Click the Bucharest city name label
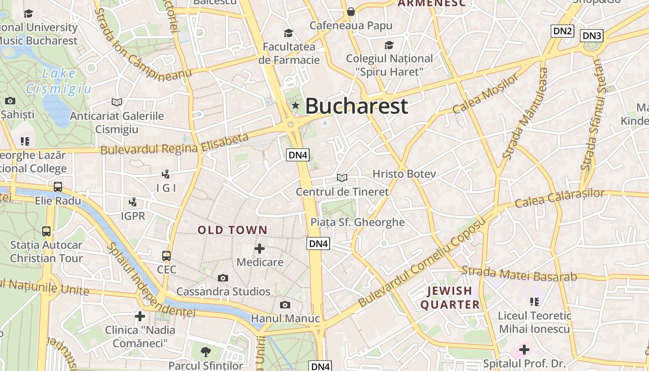pyautogui.click(x=356, y=106)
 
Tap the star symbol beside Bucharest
pyautogui.click(x=295, y=106)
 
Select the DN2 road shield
pyautogui.click(x=562, y=31)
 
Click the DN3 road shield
pyautogui.click(x=592, y=36)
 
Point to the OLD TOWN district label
pyautogui.click(x=233, y=230)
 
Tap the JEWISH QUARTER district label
pyautogui.click(x=450, y=298)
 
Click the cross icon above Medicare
pyautogui.click(x=260, y=249)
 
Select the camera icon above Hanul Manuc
pyautogui.click(x=285, y=305)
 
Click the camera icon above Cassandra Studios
pyautogui.click(x=223, y=278)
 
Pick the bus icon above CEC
pyautogui.click(x=166, y=256)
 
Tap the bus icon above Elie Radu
pyautogui.click(x=58, y=187)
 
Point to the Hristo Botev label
pyautogui.click(x=404, y=174)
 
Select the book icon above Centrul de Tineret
pyautogui.click(x=342, y=178)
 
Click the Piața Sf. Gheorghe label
pyautogui.click(x=357, y=222)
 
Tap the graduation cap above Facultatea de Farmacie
pyautogui.click(x=289, y=33)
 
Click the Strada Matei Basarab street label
pyautogui.click(x=519, y=274)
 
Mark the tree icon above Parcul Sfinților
pyautogui.click(x=205, y=352)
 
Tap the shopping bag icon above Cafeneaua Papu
pyautogui.click(x=351, y=11)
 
